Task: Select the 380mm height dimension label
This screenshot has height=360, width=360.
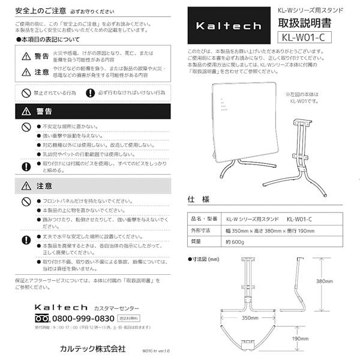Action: (325, 281)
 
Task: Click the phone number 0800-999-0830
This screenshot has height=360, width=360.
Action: (83, 318)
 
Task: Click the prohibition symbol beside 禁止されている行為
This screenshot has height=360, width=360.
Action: (26, 93)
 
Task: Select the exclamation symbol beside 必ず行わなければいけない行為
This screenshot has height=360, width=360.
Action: (90, 93)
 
